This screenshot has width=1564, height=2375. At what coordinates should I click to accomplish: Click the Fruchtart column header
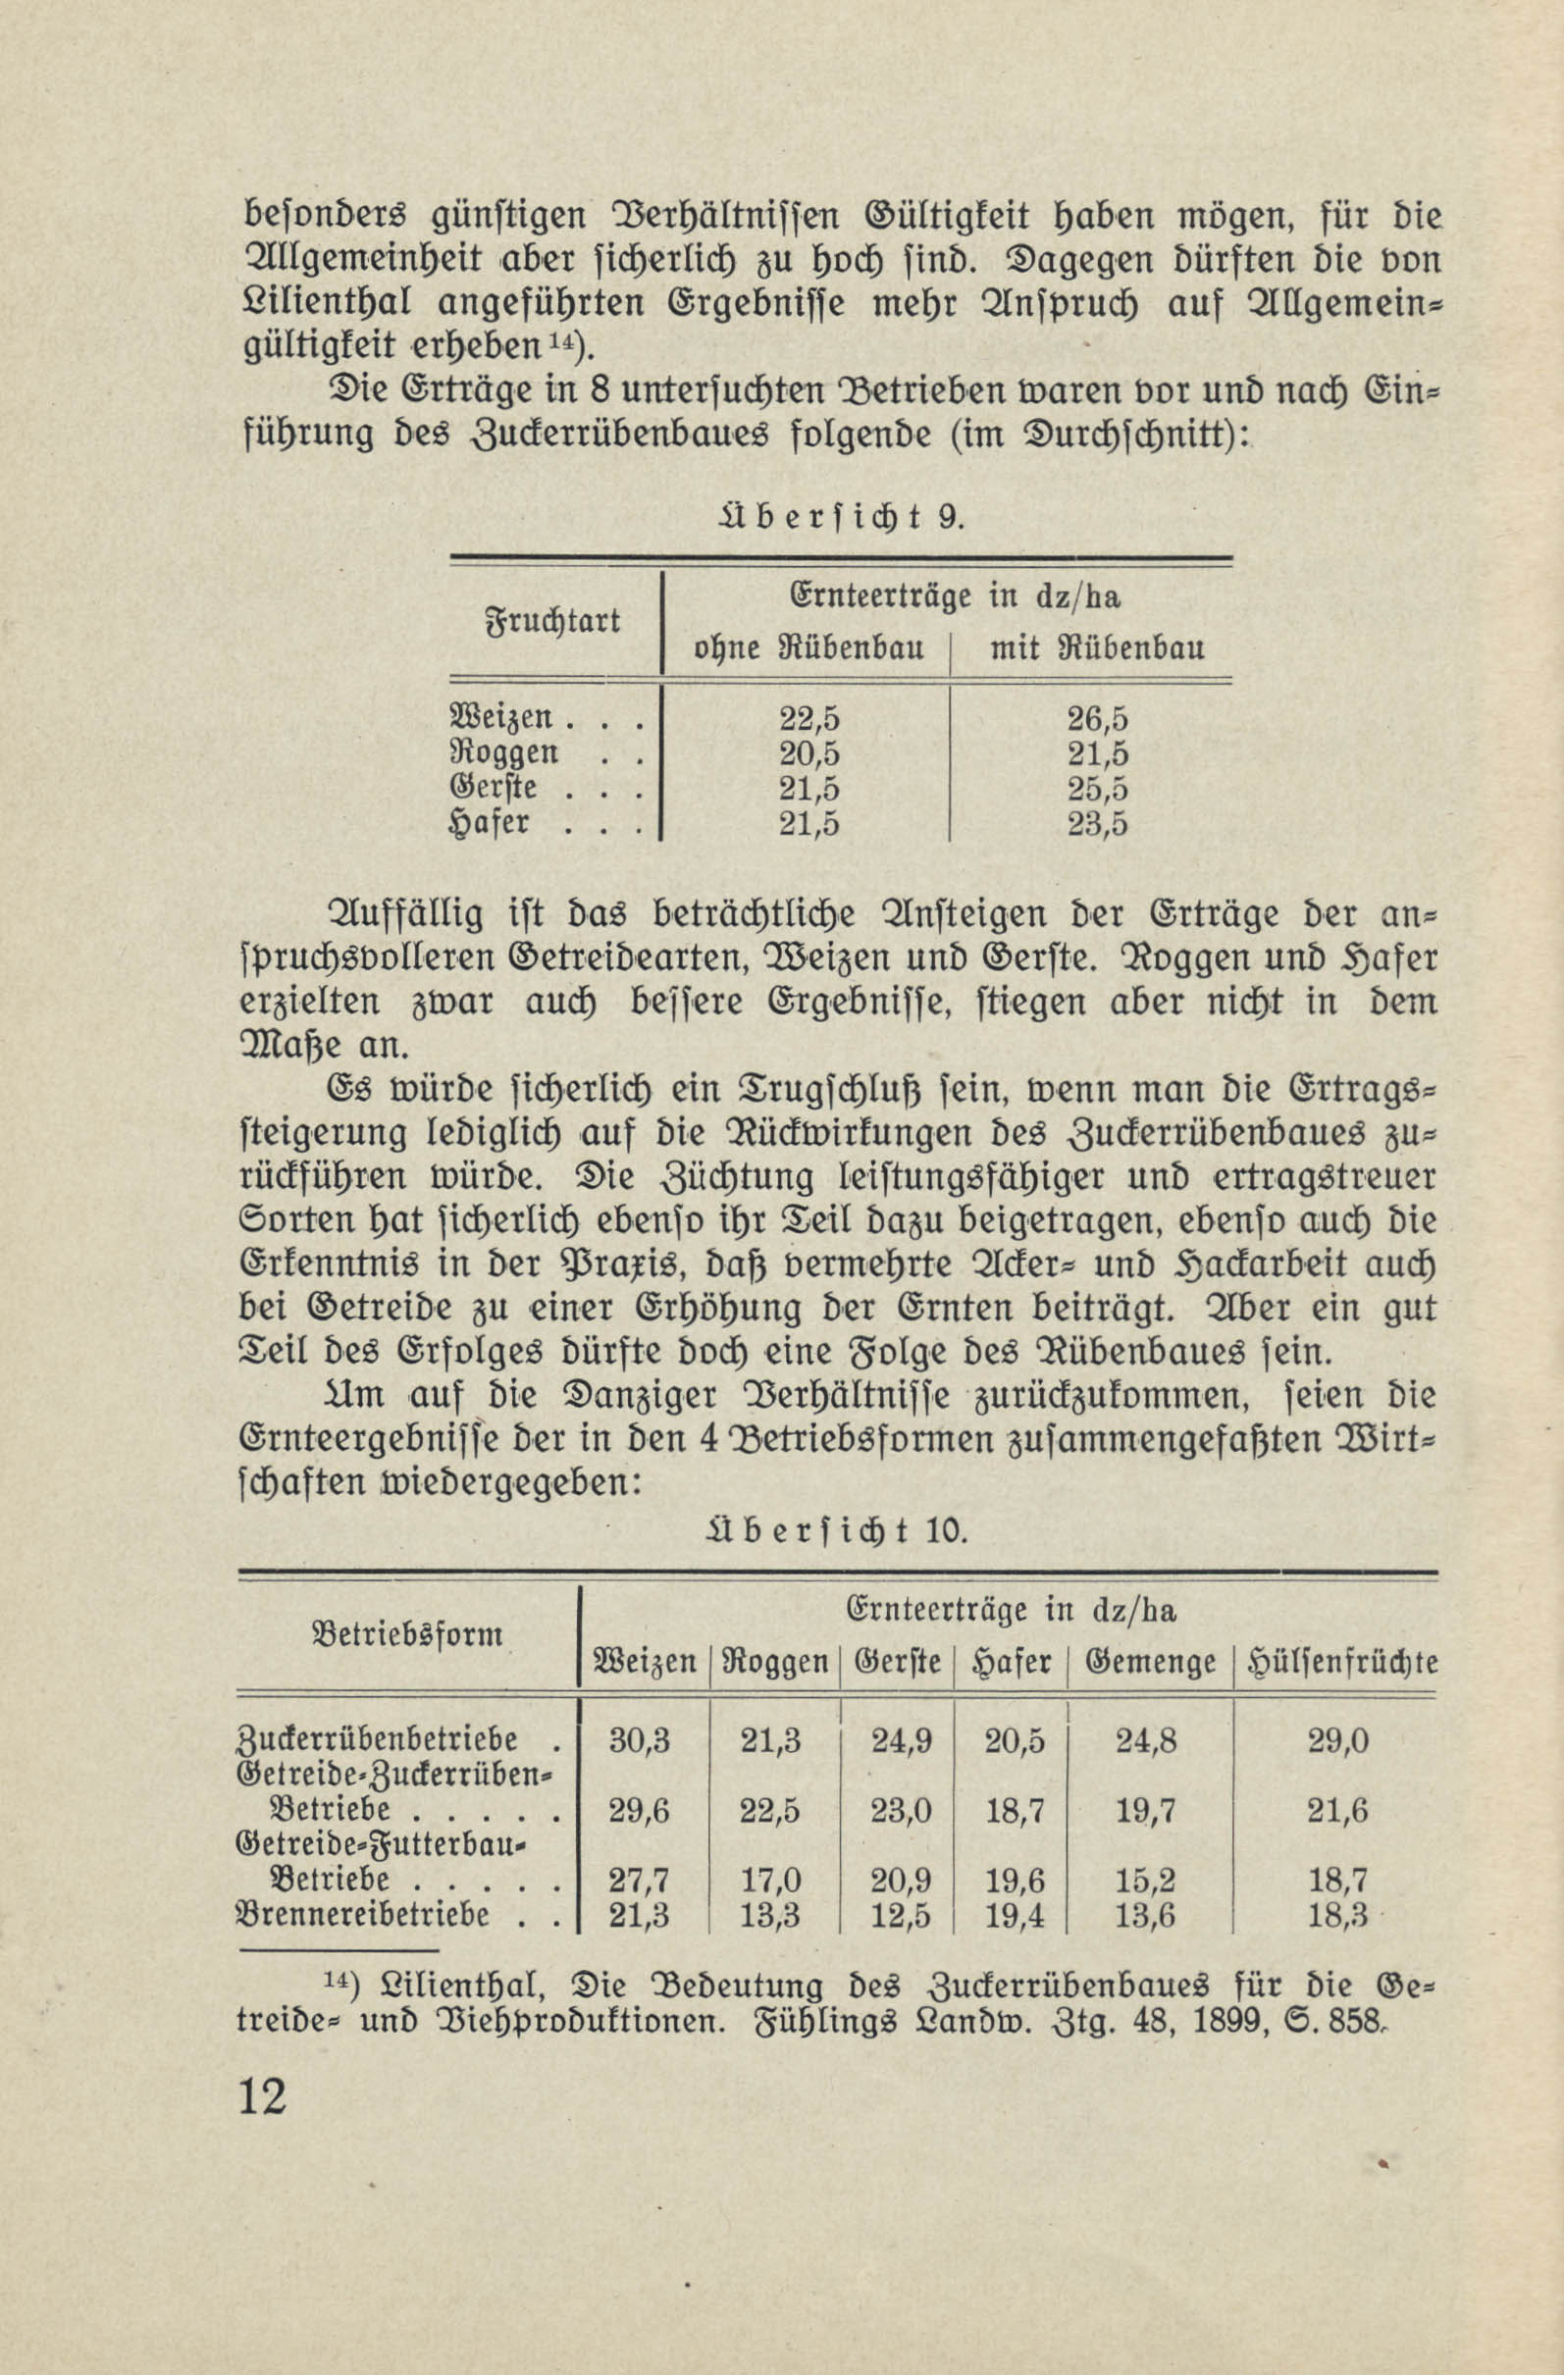coord(552,622)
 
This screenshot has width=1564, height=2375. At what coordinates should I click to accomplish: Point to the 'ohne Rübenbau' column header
coord(808,648)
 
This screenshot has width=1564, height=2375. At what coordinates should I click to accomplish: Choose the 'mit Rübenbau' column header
coord(1097,648)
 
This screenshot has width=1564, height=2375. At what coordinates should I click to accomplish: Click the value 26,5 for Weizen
coord(1098,718)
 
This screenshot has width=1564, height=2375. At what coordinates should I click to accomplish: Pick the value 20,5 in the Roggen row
coord(809,753)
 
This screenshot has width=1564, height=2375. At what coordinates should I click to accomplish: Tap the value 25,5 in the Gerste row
coord(1098,789)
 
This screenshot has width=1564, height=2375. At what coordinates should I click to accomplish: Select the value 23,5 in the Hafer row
coord(1098,824)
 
